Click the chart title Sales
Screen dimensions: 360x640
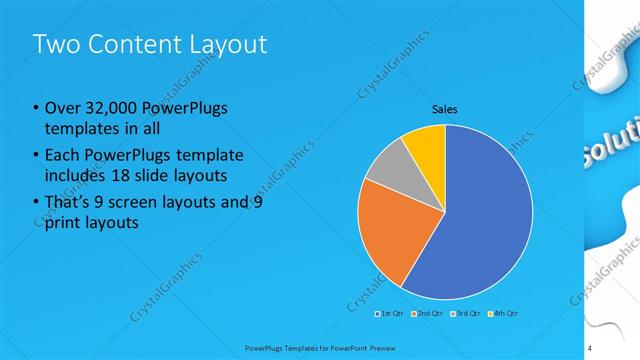[445, 109]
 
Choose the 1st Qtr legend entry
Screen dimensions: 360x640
[389, 313]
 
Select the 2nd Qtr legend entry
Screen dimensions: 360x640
[429, 313]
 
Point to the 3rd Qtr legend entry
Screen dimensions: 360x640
[467, 313]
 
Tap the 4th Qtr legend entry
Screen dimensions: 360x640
[504, 313]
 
